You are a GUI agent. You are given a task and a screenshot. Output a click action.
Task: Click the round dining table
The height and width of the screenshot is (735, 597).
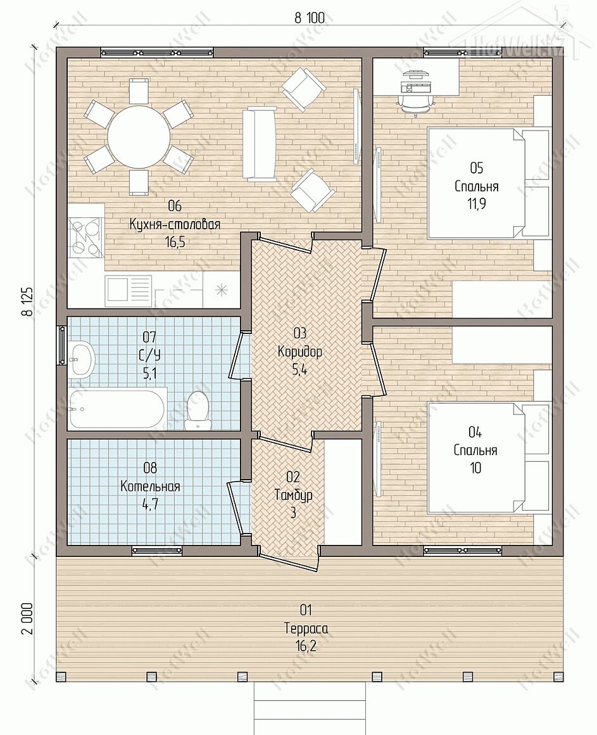tap(139, 138)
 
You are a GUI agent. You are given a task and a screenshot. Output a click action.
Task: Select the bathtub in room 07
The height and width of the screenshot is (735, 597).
tap(117, 408)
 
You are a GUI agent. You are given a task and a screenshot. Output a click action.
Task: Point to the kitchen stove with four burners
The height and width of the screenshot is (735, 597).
tap(85, 238)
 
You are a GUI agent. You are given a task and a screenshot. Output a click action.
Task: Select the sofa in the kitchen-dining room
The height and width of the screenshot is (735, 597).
tap(260, 144)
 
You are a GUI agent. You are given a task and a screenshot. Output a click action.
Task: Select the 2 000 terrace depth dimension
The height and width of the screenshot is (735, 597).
tap(27, 618)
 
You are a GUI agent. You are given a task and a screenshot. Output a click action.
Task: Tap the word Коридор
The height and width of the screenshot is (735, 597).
tap(299, 352)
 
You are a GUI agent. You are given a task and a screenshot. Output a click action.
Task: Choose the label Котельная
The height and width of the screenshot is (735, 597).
tap(150, 486)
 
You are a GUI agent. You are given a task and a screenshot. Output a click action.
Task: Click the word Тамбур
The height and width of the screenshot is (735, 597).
tap(293, 495)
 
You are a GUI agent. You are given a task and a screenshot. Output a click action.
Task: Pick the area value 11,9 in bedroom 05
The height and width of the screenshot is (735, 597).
tap(476, 205)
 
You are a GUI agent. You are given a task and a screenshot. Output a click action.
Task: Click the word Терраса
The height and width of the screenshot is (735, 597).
tap(306, 629)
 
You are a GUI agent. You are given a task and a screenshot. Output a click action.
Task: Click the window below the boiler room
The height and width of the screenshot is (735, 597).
tap(156, 551)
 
